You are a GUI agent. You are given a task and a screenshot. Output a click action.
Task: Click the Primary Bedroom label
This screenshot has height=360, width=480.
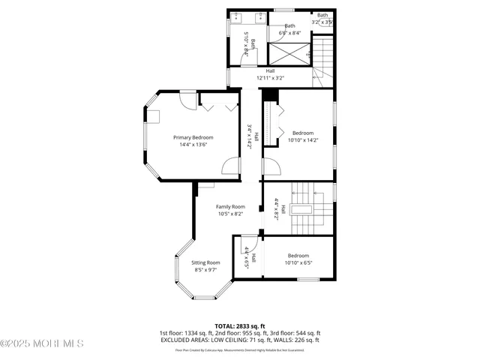coord(193,137)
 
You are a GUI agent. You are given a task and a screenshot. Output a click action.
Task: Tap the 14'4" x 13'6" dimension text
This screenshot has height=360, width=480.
coord(193,145)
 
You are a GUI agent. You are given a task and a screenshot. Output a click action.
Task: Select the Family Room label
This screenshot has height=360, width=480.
coord(230,206)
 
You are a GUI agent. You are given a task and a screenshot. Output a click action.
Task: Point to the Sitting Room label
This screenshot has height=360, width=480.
coord(205,262)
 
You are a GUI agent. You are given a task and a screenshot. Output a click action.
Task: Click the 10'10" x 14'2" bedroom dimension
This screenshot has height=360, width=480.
coord(303,140)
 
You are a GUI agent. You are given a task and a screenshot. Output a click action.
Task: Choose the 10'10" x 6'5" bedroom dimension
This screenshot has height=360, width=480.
coord(298,262)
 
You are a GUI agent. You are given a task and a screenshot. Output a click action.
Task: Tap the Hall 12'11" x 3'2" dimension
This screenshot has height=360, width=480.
coord(270,78)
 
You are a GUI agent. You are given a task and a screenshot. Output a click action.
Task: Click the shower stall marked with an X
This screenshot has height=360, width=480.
coord(289,53)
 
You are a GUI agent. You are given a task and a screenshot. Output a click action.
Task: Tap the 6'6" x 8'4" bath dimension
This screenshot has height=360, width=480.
coord(289,33)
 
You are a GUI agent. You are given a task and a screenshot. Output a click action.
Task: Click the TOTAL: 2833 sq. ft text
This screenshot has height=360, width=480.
coord(239,325)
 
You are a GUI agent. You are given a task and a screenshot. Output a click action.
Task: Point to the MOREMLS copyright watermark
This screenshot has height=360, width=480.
coord(42,343)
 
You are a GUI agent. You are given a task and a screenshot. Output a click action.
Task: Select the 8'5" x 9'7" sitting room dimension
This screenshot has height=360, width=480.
coord(205,269)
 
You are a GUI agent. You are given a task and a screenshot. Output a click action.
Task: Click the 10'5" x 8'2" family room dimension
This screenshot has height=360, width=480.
coord(230,214)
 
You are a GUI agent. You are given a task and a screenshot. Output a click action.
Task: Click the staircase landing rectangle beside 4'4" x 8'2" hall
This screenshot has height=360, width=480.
coord(302,211)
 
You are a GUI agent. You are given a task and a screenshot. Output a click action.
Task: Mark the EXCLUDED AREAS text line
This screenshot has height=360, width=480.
coord(239,340)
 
